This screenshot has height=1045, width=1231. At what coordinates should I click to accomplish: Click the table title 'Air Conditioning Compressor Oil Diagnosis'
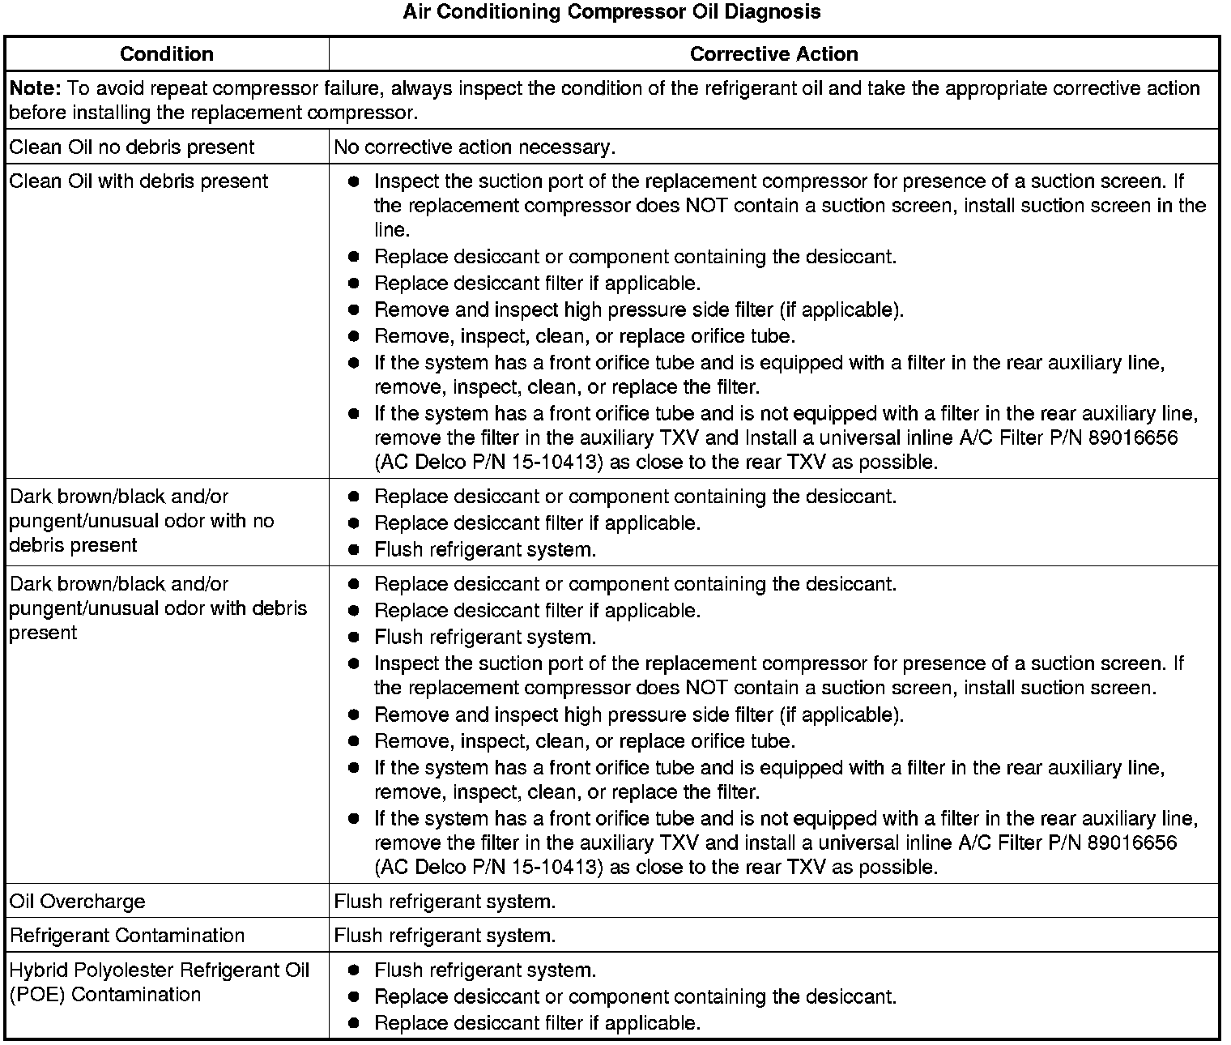(611, 12)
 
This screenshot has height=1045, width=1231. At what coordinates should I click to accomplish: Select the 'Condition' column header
(167, 54)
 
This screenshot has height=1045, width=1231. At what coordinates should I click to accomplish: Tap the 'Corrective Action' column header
(773, 54)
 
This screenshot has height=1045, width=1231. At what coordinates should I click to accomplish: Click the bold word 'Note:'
(36, 88)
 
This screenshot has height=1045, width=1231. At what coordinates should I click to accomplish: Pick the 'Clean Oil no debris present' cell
(131, 147)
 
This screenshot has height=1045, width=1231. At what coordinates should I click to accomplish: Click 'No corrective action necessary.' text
(475, 147)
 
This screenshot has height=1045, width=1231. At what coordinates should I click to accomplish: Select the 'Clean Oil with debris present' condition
(138, 181)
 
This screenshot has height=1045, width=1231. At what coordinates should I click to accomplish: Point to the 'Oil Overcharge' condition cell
(78, 902)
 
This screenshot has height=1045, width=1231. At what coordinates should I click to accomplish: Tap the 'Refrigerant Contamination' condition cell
(127, 936)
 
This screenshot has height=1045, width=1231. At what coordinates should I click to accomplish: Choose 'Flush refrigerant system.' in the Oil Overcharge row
(445, 902)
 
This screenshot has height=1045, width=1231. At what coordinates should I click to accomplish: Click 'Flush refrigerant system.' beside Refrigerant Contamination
(445, 936)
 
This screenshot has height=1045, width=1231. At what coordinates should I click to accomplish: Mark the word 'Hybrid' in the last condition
(38, 970)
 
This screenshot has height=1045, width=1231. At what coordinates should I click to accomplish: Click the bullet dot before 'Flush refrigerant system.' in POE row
(353, 970)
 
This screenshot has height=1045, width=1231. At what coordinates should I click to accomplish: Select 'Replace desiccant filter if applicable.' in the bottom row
(537, 1023)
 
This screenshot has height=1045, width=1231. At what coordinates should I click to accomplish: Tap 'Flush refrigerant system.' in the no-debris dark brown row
(485, 550)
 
